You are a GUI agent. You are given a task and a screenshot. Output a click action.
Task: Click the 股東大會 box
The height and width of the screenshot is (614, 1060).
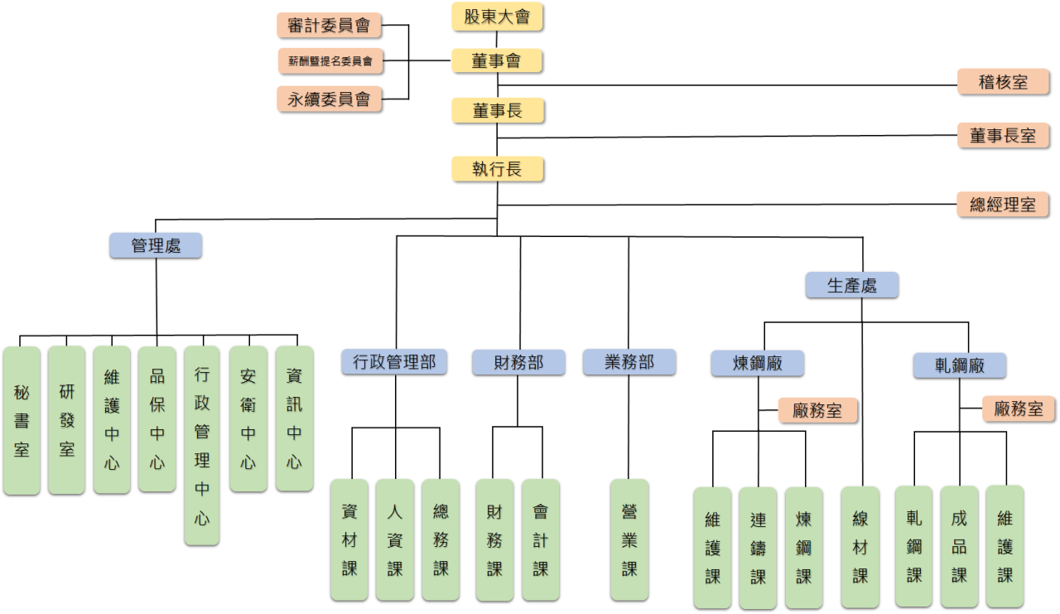click(x=497, y=17)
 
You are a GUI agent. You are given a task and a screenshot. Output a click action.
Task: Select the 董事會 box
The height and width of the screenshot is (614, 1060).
click(x=497, y=60)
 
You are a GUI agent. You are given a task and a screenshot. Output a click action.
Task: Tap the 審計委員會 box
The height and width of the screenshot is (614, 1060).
click(x=329, y=26)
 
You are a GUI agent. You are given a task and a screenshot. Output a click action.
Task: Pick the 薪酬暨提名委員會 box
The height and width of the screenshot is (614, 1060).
click(x=329, y=60)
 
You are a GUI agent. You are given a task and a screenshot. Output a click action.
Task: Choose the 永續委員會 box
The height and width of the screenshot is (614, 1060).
click(x=329, y=100)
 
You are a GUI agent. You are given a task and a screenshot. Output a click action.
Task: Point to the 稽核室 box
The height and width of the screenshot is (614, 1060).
click(x=1003, y=82)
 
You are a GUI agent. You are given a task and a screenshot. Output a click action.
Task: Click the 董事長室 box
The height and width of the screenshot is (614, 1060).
click(x=1003, y=135)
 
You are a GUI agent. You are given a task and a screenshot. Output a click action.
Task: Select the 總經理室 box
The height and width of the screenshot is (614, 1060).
click(x=1003, y=204)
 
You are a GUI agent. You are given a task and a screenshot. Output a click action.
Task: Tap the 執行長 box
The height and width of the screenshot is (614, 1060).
click(x=497, y=169)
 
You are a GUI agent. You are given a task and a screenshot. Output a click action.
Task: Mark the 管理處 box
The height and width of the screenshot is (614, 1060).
click(x=156, y=245)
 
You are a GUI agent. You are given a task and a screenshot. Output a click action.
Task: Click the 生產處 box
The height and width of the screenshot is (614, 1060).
click(x=851, y=285)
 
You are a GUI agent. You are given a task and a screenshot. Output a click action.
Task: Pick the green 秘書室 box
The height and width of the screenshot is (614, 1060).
click(x=22, y=420)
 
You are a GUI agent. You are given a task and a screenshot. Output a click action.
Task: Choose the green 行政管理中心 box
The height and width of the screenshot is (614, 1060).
click(x=202, y=445)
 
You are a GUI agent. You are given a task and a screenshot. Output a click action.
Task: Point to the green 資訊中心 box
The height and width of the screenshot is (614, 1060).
click(x=294, y=418)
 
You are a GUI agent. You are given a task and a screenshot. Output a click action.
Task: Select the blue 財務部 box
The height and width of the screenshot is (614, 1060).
click(x=518, y=362)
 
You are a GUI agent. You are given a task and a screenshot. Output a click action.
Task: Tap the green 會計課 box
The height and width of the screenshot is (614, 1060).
click(x=541, y=539)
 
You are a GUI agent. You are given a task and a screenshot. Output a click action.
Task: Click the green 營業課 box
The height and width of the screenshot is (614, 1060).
click(x=629, y=539)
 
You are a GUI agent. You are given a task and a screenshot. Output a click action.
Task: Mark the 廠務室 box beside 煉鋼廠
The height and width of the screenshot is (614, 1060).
click(x=817, y=410)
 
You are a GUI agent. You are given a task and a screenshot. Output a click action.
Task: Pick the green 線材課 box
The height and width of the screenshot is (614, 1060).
click(x=860, y=547)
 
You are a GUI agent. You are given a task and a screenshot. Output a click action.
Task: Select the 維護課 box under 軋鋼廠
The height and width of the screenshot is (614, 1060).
click(x=1005, y=546)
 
